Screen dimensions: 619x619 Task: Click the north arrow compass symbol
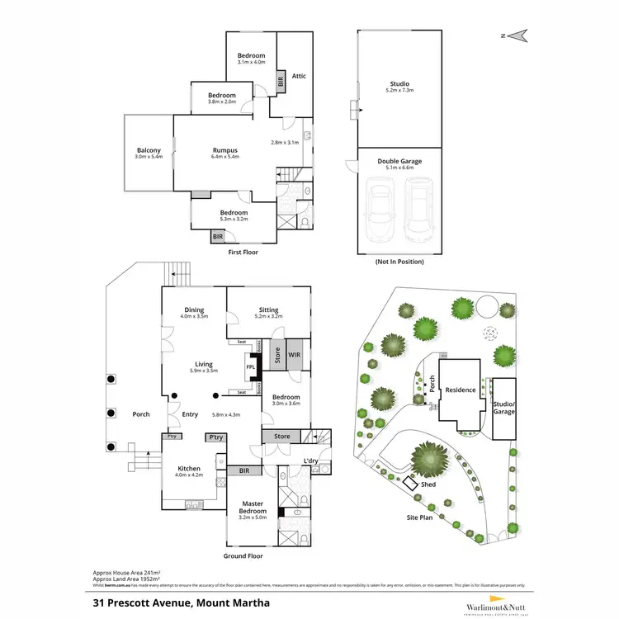[517, 35]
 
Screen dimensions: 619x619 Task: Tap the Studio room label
[399, 84]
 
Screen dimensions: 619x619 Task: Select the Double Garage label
[399, 161]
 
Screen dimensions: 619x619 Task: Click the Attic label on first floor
[299, 76]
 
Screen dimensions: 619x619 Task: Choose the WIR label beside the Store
[295, 357]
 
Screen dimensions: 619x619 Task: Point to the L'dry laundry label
[310, 461]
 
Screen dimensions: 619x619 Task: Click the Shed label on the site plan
[428, 484]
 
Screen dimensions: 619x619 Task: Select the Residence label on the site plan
[461, 390]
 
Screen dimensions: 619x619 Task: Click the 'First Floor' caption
[243, 252]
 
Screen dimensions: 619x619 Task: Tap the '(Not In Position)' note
[399, 262]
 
